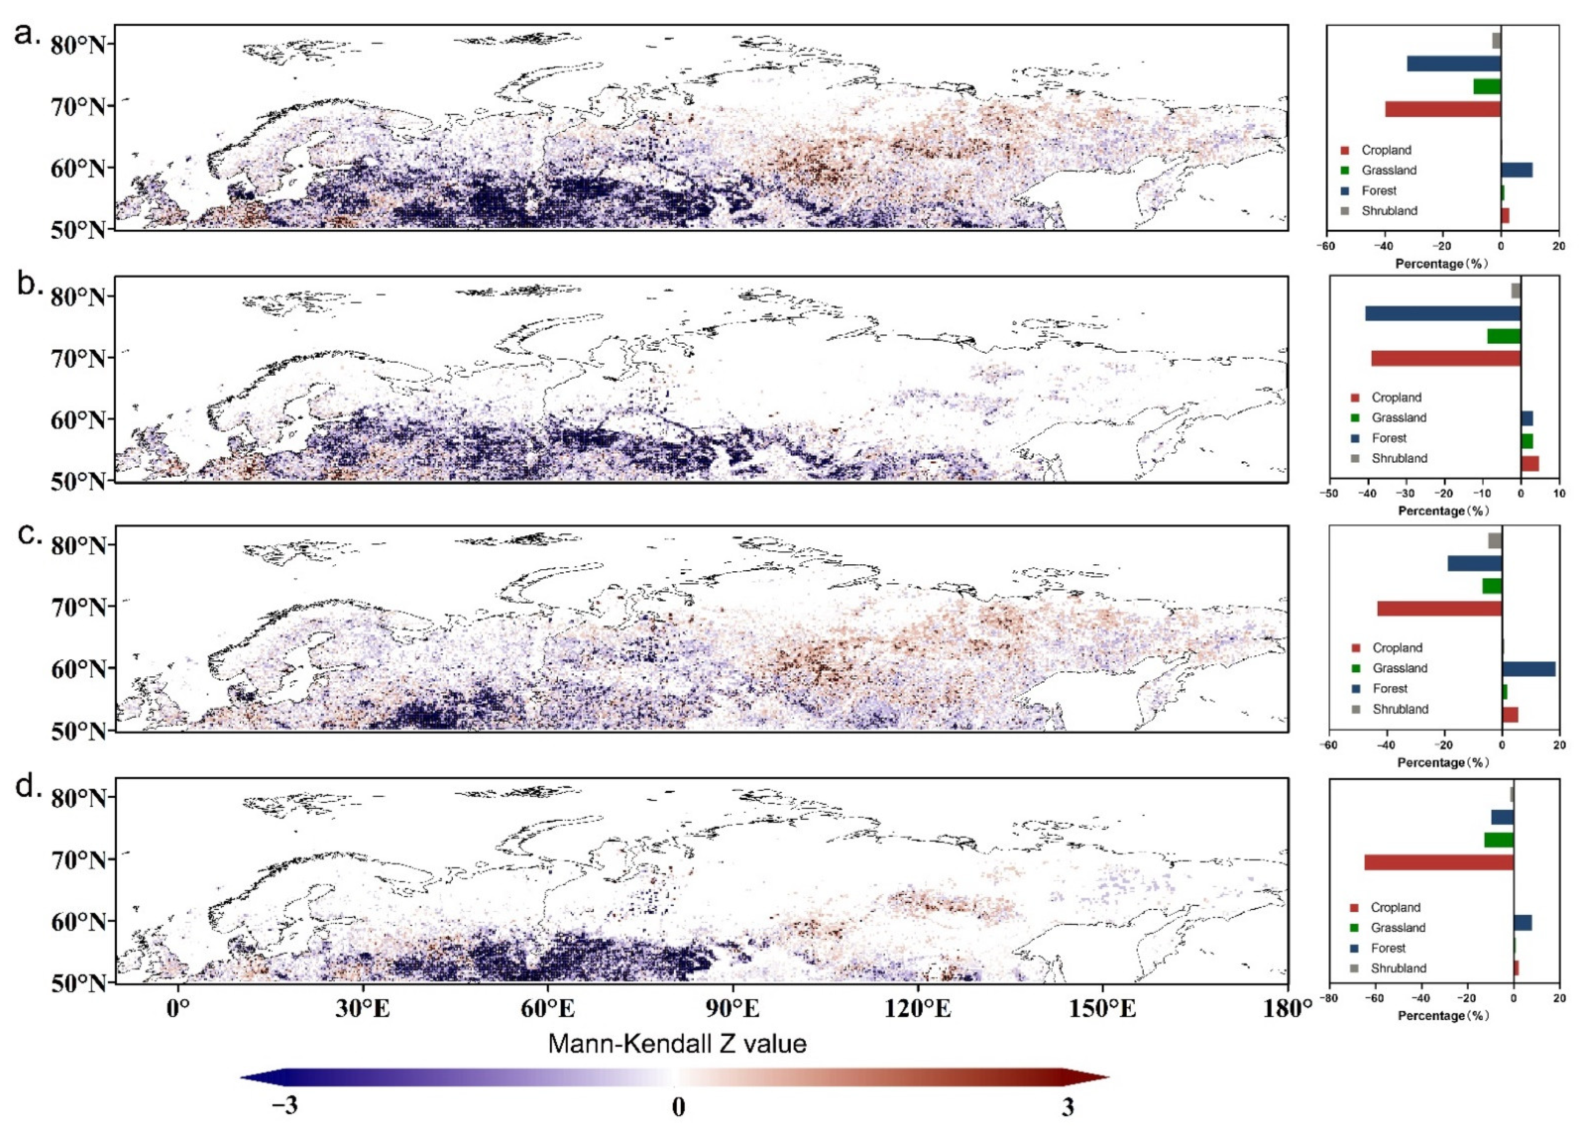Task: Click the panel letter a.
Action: tap(28, 34)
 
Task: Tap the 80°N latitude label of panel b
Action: tap(78, 297)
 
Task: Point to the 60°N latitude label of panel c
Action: tap(78, 668)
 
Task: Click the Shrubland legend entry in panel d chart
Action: tap(1397, 968)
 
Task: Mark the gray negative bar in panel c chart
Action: tap(1495, 540)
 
